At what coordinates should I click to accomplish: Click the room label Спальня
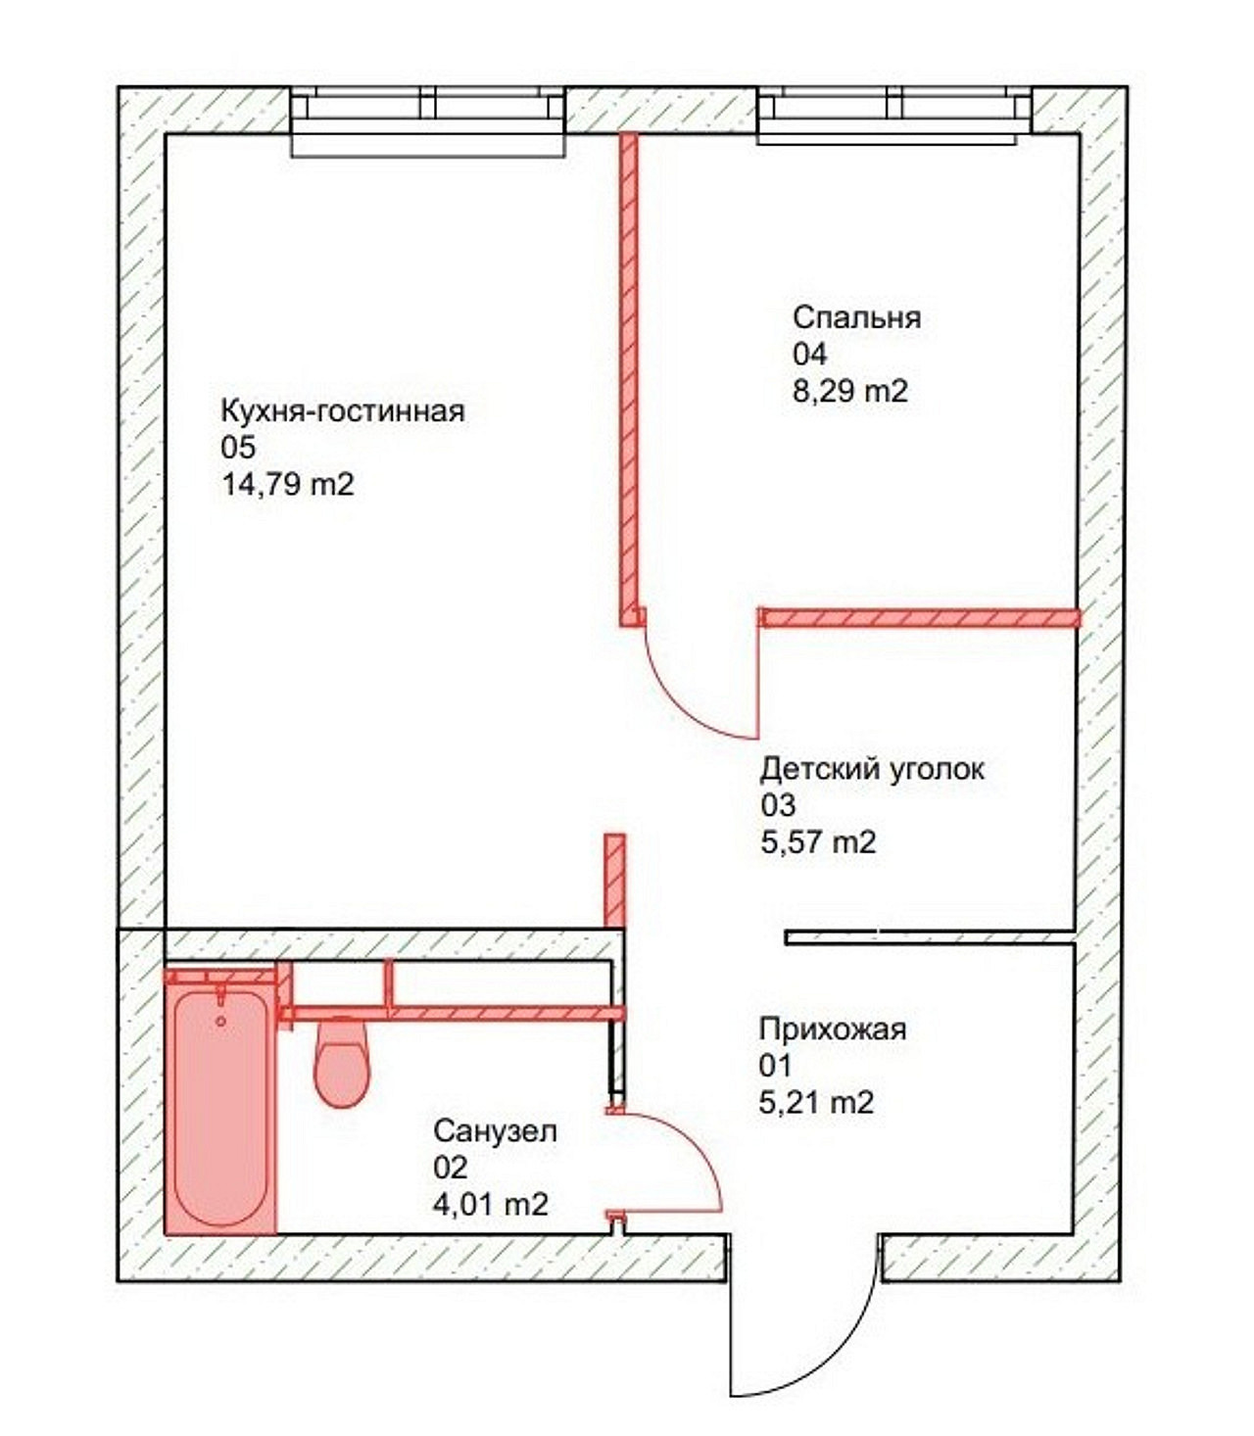pyautogui.click(x=856, y=318)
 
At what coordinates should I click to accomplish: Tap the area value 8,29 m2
pyautogui.click(x=849, y=390)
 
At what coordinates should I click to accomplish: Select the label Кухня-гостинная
pyautogui.click(x=343, y=410)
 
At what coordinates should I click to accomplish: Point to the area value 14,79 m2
pyautogui.click(x=288, y=484)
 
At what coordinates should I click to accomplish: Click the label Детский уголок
pyautogui.click(x=872, y=769)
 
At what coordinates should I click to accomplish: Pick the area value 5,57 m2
pyautogui.click(x=818, y=841)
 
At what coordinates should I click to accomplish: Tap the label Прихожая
pyautogui.click(x=833, y=1029)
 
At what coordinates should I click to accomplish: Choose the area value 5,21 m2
pyautogui.click(x=816, y=1102)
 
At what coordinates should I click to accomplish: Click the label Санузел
pyautogui.click(x=495, y=1130)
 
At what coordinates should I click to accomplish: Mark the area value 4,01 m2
pyautogui.click(x=491, y=1205)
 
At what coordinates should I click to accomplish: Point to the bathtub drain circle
pyautogui.click(x=221, y=1022)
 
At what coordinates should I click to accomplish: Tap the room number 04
pyautogui.click(x=810, y=355)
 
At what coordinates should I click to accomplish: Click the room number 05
pyautogui.click(x=239, y=448)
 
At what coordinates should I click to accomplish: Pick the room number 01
pyautogui.click(x=775, y=1066)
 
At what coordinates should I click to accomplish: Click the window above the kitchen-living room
pyautogui.click(x=428, y=120)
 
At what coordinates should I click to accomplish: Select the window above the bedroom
pyautogui.click(x=894, y=116)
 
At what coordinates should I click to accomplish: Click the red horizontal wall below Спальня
pyautogui.click(x=920, y=617)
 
